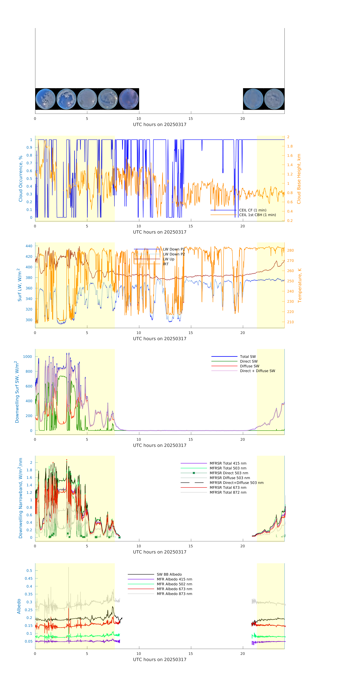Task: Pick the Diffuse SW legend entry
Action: pos(249,366)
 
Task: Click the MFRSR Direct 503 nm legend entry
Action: pos(229,473)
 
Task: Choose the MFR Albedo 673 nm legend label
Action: pos(174,589)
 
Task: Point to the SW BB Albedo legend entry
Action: pos(169,574)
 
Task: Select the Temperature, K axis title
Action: pos(300,285)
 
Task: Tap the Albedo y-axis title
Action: pos(19,606)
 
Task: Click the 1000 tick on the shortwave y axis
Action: pos(28,357)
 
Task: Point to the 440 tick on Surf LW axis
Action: pos(29,246)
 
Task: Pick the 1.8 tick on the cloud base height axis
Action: pos(290,146)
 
